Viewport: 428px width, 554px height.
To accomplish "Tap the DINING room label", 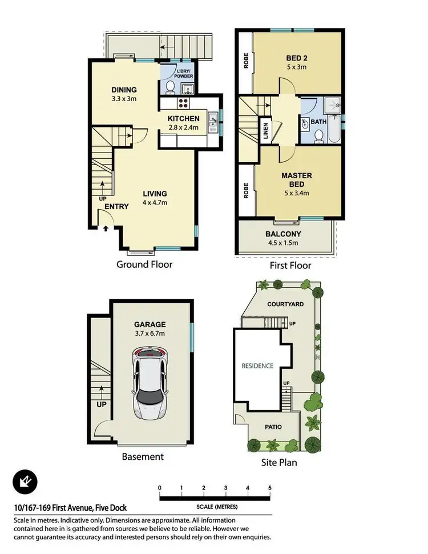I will pos(124,90).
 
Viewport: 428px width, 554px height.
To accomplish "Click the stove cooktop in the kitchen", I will pos(184,103).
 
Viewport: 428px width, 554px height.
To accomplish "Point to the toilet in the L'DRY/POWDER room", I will pos(171,86).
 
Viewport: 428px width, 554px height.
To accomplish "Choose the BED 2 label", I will pos(297,58).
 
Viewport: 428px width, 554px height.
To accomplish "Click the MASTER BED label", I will pos(297,180).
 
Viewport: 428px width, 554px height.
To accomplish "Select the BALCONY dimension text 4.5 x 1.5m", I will pos(283,243).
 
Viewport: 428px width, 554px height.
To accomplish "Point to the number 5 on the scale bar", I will pos(269,488).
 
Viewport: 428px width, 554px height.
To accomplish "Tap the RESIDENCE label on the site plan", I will pos(257,366).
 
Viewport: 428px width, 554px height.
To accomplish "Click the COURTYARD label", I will pos(285,304).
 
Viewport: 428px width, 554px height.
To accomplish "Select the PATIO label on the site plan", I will pos(273,427).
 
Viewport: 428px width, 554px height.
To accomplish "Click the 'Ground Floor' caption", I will pos(144,264).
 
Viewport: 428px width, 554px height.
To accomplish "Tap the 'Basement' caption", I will pos(143,456).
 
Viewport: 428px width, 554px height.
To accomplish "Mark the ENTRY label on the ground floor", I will pos(116,207).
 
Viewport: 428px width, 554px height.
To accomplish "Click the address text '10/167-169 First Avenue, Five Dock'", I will pos(70,508).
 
